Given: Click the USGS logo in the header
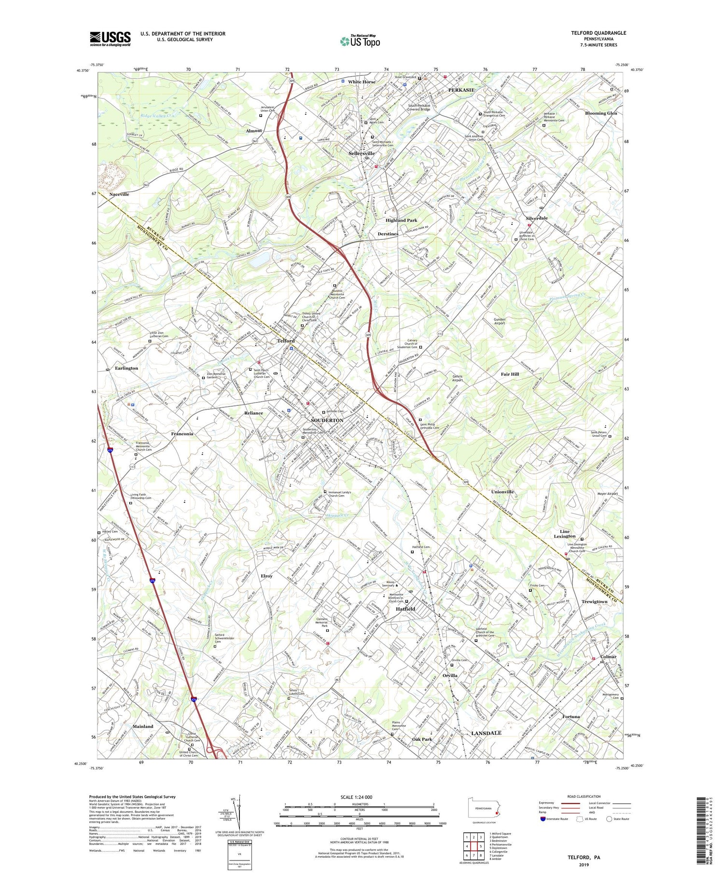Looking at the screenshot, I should (x=110, y=39).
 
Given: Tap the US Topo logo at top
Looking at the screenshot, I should (x=360, y=41).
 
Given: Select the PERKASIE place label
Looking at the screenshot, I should (x=461, y=90).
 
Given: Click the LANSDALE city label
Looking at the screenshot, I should (x=486, y=733).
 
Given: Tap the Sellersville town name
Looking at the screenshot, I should (x=362, y=153).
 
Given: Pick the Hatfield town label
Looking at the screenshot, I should (x=405, y=609).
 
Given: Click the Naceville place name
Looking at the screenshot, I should (x=119, y=194).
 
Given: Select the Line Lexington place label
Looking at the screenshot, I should (x=564, y=533).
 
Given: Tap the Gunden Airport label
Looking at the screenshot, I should (x=499, y=321).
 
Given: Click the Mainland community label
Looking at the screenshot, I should (x=143, y=726).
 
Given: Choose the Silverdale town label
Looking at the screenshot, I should (x=537, y=218).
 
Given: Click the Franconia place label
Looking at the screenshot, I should (x=182, y=434).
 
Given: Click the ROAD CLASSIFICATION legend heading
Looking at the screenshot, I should (x=584, y=796).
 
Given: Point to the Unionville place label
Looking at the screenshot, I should (x=502, y=492).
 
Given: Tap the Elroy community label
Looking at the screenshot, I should (x=266, y=576).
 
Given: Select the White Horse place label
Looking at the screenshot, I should (x=362, y=82).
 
